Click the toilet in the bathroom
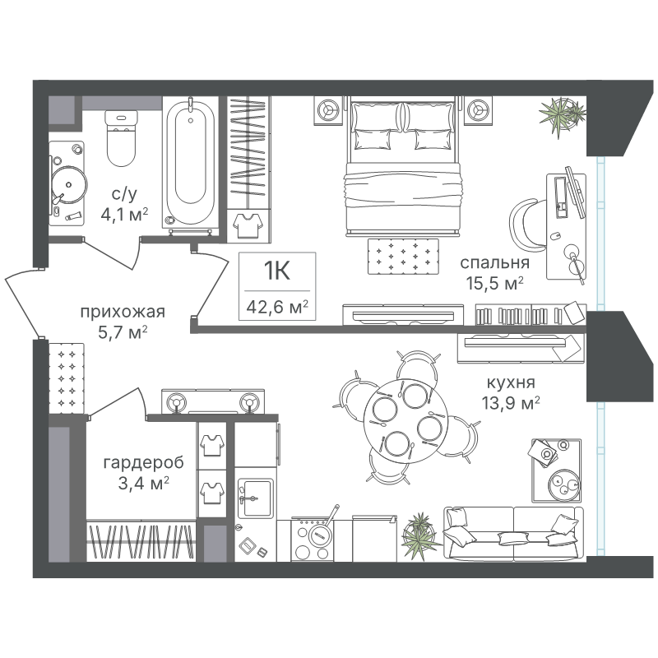coord(121,138)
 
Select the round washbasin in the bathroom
coord(69,184)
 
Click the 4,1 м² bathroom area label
coord(125,215)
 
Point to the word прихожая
coord(123,312)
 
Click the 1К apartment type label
coord(277,271)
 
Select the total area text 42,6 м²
coord(277,307)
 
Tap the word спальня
coord(495,262)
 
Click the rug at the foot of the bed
coord(403,257)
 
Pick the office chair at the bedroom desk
coord(528,225)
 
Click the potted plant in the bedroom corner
coord(562,115)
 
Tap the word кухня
coord(511,382)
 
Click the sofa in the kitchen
coord(513,533)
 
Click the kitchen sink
coord(254,499)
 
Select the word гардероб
coord(143,463)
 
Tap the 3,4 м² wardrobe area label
coord(144,483)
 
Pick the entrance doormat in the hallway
coord(67,378)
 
